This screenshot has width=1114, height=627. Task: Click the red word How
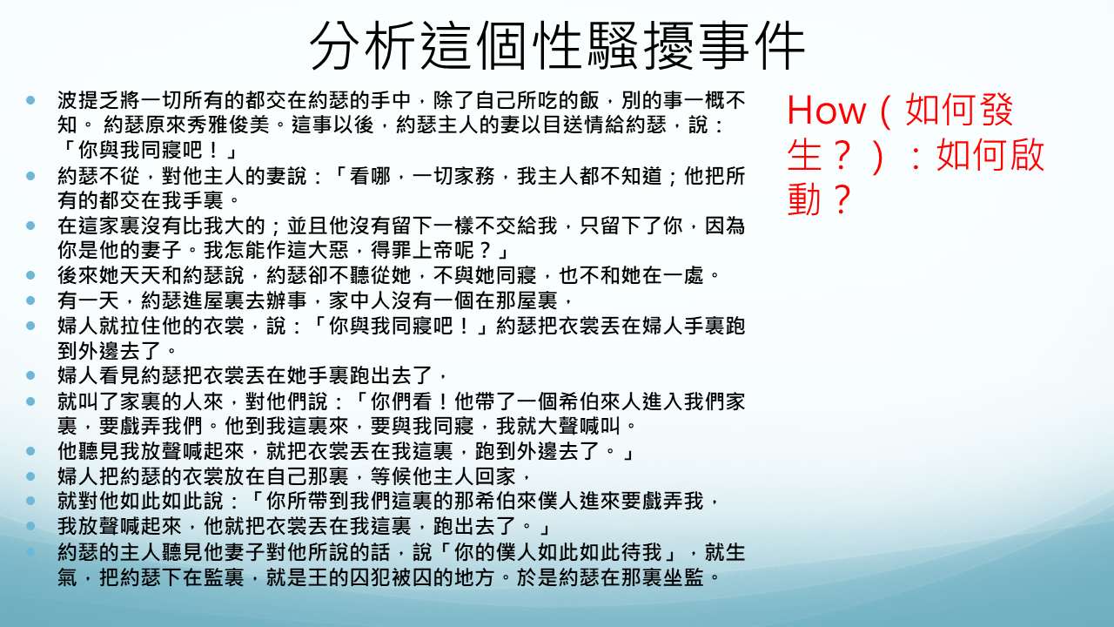(x=826, y=111)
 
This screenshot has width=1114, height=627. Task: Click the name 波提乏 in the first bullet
(x=88, y=100)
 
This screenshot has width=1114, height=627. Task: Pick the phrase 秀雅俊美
(x=227, y=125)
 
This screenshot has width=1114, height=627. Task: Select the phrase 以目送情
(x=563, y=125)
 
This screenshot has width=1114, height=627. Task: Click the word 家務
(x=474, y=176)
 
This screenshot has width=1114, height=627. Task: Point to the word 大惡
(x=328, y=250)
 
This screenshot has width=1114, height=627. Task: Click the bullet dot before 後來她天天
(x=30, y=275)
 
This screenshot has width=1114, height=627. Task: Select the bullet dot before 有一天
(x=30, y=300)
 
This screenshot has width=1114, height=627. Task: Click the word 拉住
(x=140, y=326)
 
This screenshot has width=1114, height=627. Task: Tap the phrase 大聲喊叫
(x=579, y=426)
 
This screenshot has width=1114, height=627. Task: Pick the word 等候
(x=391, y=476)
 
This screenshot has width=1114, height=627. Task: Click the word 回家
(x=495, y=476)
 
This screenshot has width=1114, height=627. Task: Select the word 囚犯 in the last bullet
(x=370, y=577)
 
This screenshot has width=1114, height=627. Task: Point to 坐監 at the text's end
(x=683, y=577)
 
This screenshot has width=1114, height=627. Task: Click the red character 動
(x=805, y=199)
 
